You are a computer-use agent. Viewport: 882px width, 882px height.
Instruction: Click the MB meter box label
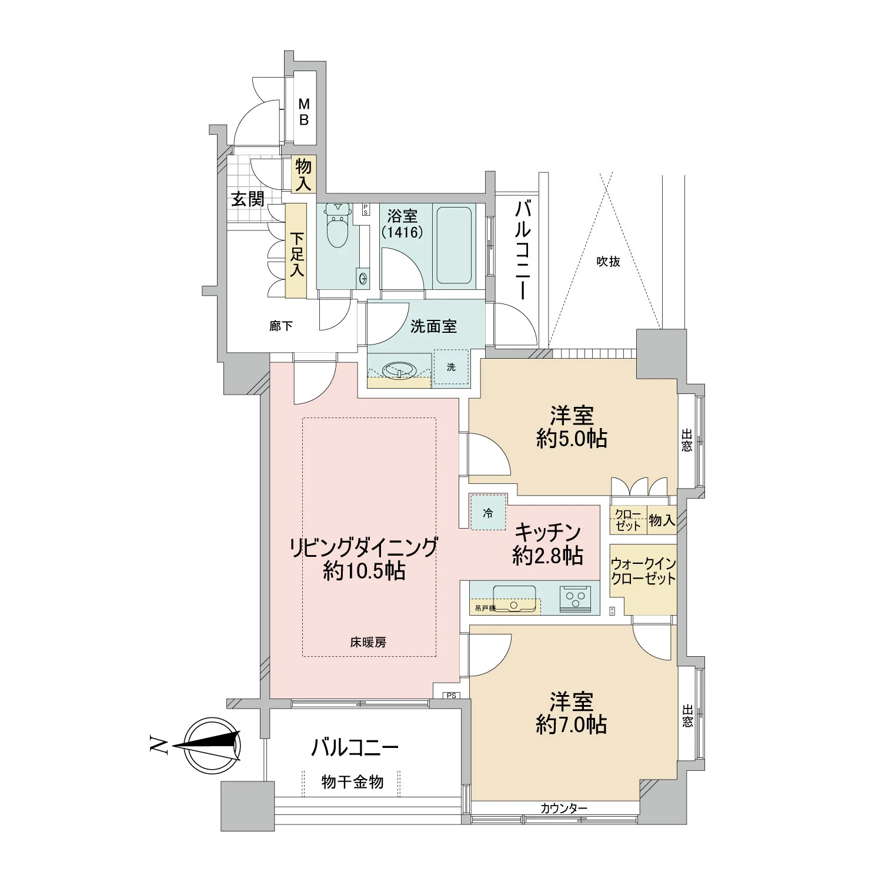tap(303, 112)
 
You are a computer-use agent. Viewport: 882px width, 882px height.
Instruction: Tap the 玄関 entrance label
tap(247, 199)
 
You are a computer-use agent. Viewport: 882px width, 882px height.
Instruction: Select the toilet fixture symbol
tap(338, 226)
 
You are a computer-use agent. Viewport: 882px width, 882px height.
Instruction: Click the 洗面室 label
tap(433, 326)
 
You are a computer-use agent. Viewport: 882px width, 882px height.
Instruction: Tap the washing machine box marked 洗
tap(451, 367)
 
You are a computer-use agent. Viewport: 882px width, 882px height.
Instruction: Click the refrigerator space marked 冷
tap(488, 513)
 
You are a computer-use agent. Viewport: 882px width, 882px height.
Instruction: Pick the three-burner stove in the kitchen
tap(575, 598)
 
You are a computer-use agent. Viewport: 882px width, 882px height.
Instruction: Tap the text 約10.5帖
tap(364, 571)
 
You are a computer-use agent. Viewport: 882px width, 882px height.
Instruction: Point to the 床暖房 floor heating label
tap(368, 643)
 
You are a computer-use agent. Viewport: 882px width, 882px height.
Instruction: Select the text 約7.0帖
tap(571, 725)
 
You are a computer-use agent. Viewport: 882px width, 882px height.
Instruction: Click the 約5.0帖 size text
tap(571, 439)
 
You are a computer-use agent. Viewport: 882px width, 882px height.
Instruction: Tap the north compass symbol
tap(212, 746)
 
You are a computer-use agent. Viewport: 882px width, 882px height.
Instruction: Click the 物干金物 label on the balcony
tap(352, 782)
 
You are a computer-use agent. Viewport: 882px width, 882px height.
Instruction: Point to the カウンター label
tap(563, 808)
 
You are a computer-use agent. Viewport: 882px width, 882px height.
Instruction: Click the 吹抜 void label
tap(608, 262)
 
